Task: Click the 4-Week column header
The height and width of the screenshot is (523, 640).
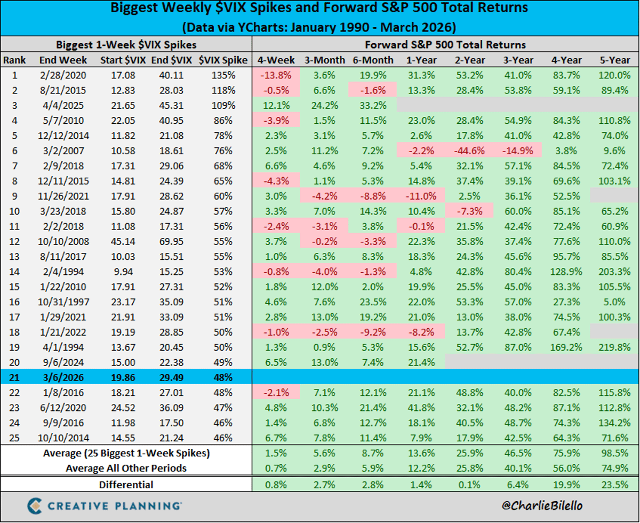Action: [x=275, y=60]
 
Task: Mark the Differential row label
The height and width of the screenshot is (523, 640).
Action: [x=126, y=485]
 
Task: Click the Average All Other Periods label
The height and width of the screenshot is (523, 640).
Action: [x=126, y=467]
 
